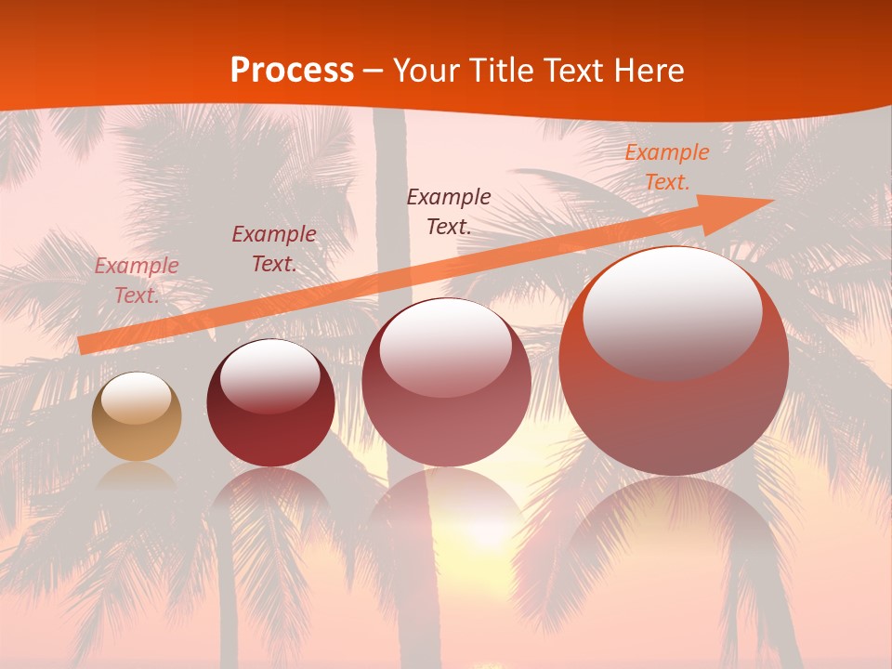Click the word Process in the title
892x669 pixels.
pyautogui.click(x=292, y=71)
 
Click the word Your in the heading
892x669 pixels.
pyautogui.click(x=424, y=71)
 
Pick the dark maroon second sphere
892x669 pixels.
pyautogui.click(x=270, y=409)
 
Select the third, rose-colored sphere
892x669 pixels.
pyautogui.click(x=446, y=390)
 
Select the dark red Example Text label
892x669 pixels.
pyautogui.click(x=273, y=249)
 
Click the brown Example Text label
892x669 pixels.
pyautogui.click(x=449, y=211)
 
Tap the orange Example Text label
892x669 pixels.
pyautogui.click(x=666, y=167)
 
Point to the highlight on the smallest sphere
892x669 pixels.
pyautogui.click(x=136, y=398)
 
